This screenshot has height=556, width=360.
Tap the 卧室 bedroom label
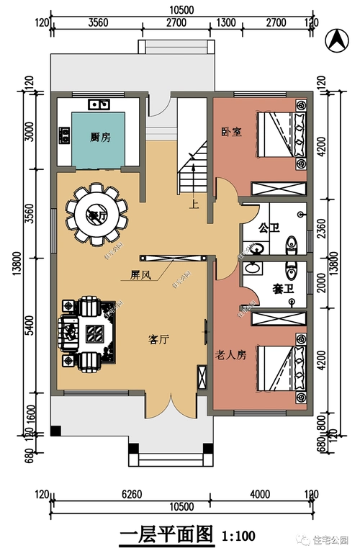[x=230, y=130]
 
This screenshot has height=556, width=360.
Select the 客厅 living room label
[x=158, y=339]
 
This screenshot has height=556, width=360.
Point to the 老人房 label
[x=231, y=354]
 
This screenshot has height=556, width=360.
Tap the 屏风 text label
[x=140, y=275]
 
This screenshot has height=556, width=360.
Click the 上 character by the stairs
[x=194, y=204]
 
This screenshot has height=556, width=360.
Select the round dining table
[x=96, y=214]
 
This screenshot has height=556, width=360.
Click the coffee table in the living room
[x=95, y=333]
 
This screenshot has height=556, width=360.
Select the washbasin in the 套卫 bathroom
[x=253, y=268]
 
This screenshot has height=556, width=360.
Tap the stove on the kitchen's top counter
[x=99, y=104]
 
